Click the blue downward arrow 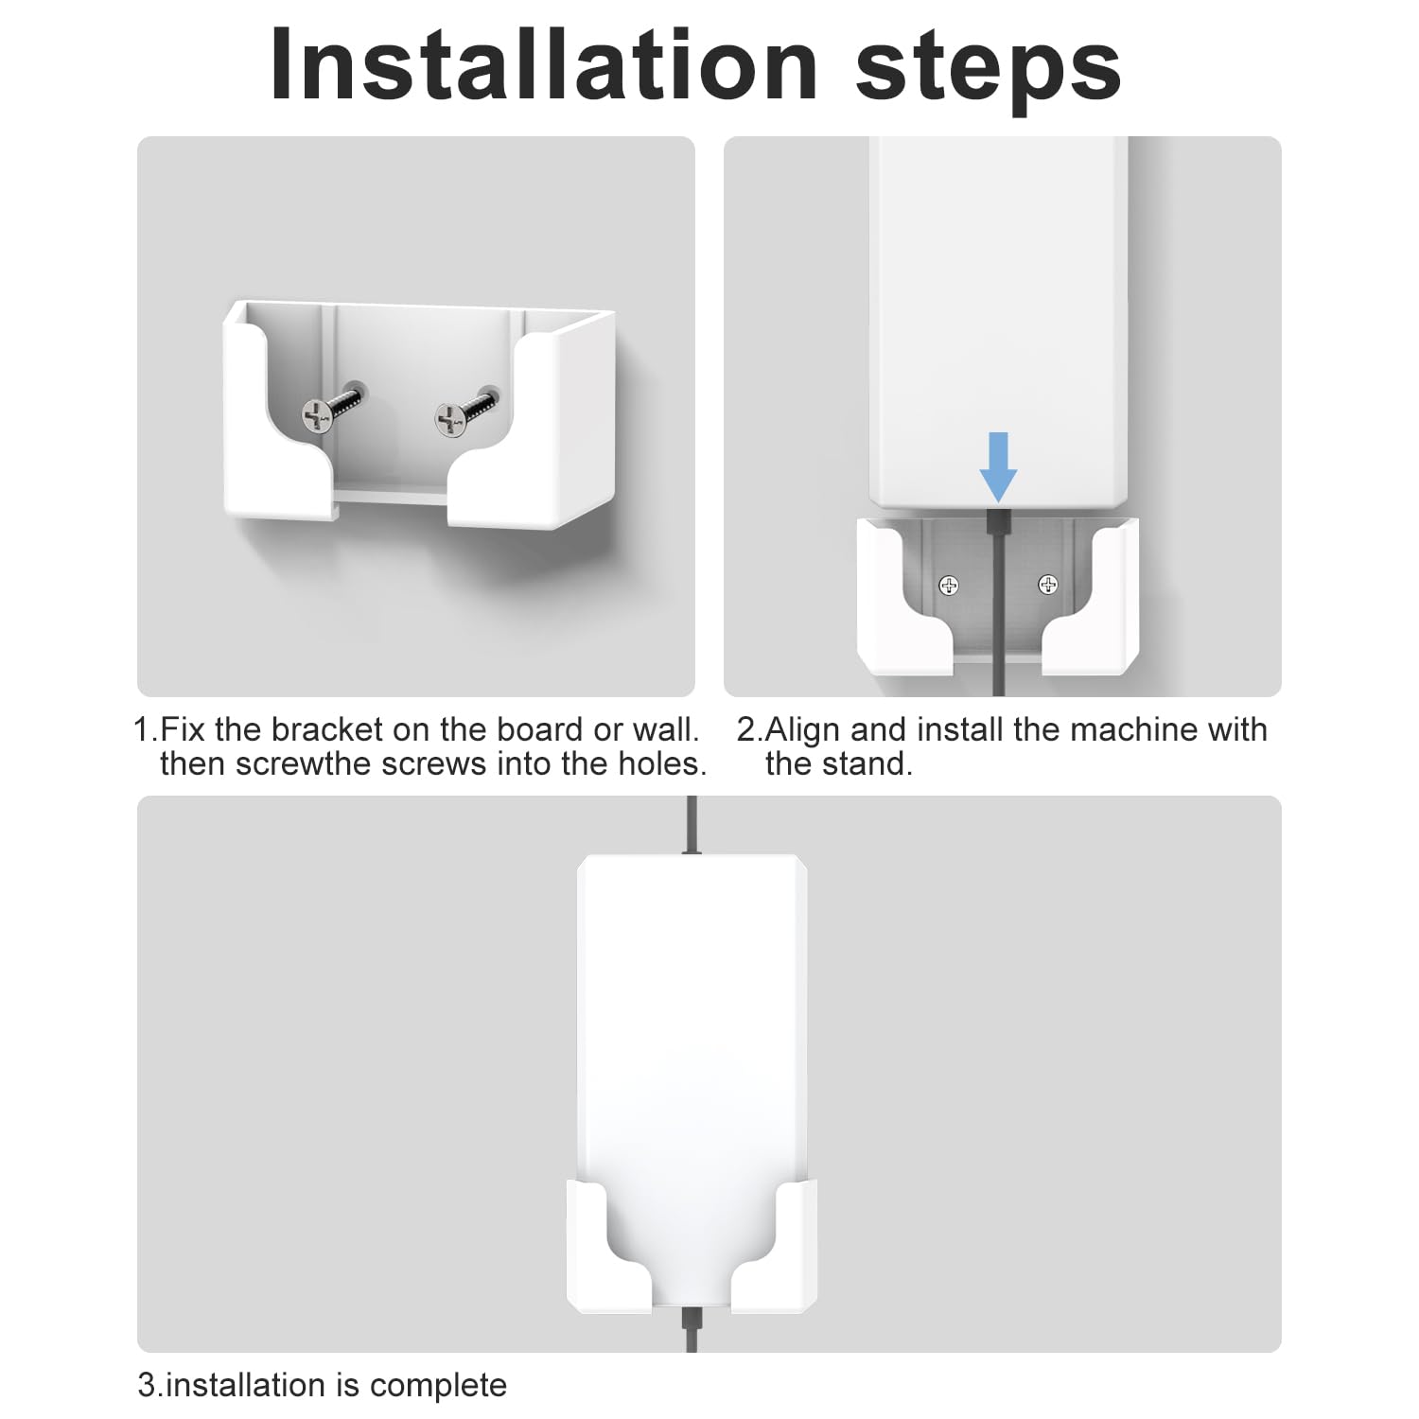click(998, 466)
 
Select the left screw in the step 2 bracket click(949, 586)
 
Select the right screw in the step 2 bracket click(1048, 585)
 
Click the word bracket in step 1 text click(332, 729)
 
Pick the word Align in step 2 click(802, 729)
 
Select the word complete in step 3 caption click(438, 1385)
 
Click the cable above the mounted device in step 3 click(692, 826)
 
